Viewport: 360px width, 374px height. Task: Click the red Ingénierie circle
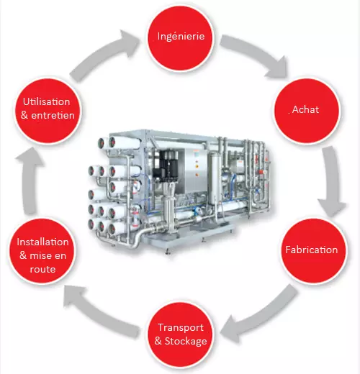(180, 37)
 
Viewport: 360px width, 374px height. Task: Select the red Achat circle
(307, 111)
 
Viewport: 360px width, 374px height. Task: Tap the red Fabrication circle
(314, 250)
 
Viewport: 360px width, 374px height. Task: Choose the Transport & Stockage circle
(180, 334)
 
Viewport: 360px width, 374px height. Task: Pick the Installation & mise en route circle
(42, 251)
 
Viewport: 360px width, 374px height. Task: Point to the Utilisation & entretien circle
(48, 111)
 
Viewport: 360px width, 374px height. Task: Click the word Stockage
(186, 342)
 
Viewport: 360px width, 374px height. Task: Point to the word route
(42, 270)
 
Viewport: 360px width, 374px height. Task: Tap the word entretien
(53, 116)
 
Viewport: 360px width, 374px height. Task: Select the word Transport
(181, 328)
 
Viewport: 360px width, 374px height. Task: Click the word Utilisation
(46, 101)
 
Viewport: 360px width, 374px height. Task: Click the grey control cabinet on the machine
(195, 170)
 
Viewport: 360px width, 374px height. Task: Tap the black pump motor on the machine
(168, 165)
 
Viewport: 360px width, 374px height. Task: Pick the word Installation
(42, 242)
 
